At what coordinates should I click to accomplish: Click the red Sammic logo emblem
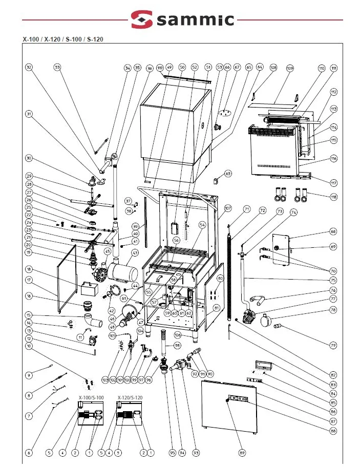(x=141, y=20)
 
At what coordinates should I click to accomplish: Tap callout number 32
(x=29, y=68)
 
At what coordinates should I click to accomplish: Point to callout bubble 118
(x=334, y=197)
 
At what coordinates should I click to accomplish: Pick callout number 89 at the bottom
(x=242, y=453)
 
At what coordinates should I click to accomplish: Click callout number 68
(x=333, y=232)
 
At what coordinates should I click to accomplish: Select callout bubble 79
(x=334, y=346)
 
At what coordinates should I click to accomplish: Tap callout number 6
(x=29, y=453)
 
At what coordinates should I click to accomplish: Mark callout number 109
(x=289, y=68)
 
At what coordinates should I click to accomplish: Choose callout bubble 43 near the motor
(x=135, y=252)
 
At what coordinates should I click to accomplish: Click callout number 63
(x=228, y=174)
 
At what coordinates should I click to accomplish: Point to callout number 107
(x=228, y=208)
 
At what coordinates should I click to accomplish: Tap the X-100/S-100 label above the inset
(x=91, y=397)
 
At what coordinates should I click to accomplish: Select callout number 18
(x=29, y=269)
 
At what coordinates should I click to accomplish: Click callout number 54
(x=202, y=225)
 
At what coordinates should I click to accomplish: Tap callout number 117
(x=333, y=183)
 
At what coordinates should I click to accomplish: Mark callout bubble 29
(x=29, y=176)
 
